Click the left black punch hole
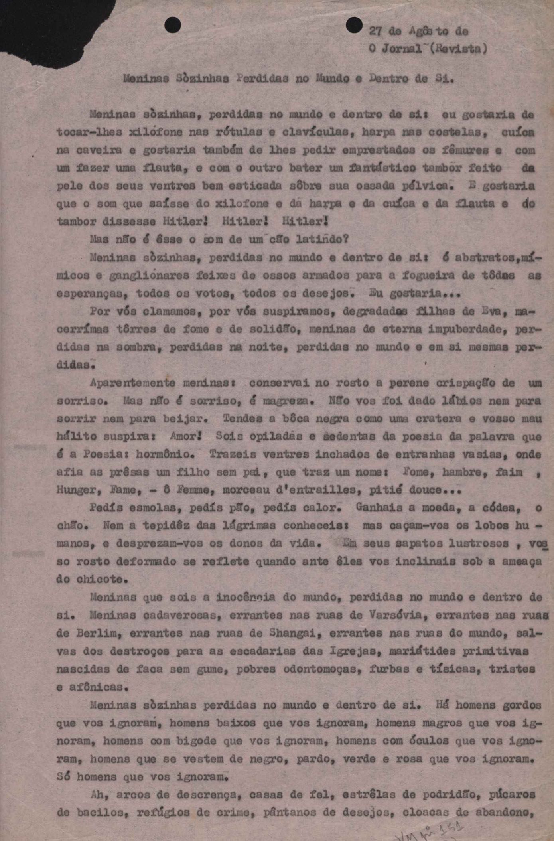173,25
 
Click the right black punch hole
354,25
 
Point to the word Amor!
185,436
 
